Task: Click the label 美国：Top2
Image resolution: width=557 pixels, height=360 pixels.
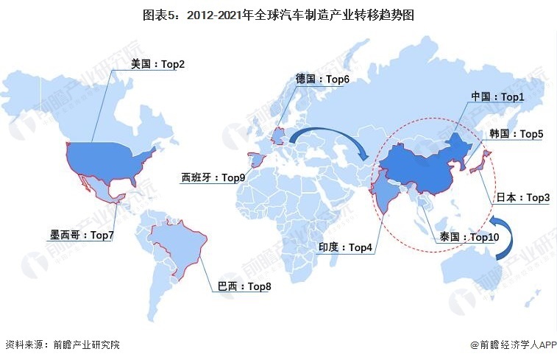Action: [157, 64]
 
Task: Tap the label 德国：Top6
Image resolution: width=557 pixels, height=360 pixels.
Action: [322, 80]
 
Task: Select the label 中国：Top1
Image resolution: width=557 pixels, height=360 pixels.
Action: [497, 96]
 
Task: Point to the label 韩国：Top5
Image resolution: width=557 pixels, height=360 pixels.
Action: [516, 134]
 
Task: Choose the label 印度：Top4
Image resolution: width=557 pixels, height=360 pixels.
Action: [345, 247]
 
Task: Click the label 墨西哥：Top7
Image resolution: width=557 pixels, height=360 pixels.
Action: [81, 236]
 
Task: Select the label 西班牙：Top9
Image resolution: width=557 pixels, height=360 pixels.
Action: [213, 177]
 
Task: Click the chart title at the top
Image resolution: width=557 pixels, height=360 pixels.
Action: [278, 13]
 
